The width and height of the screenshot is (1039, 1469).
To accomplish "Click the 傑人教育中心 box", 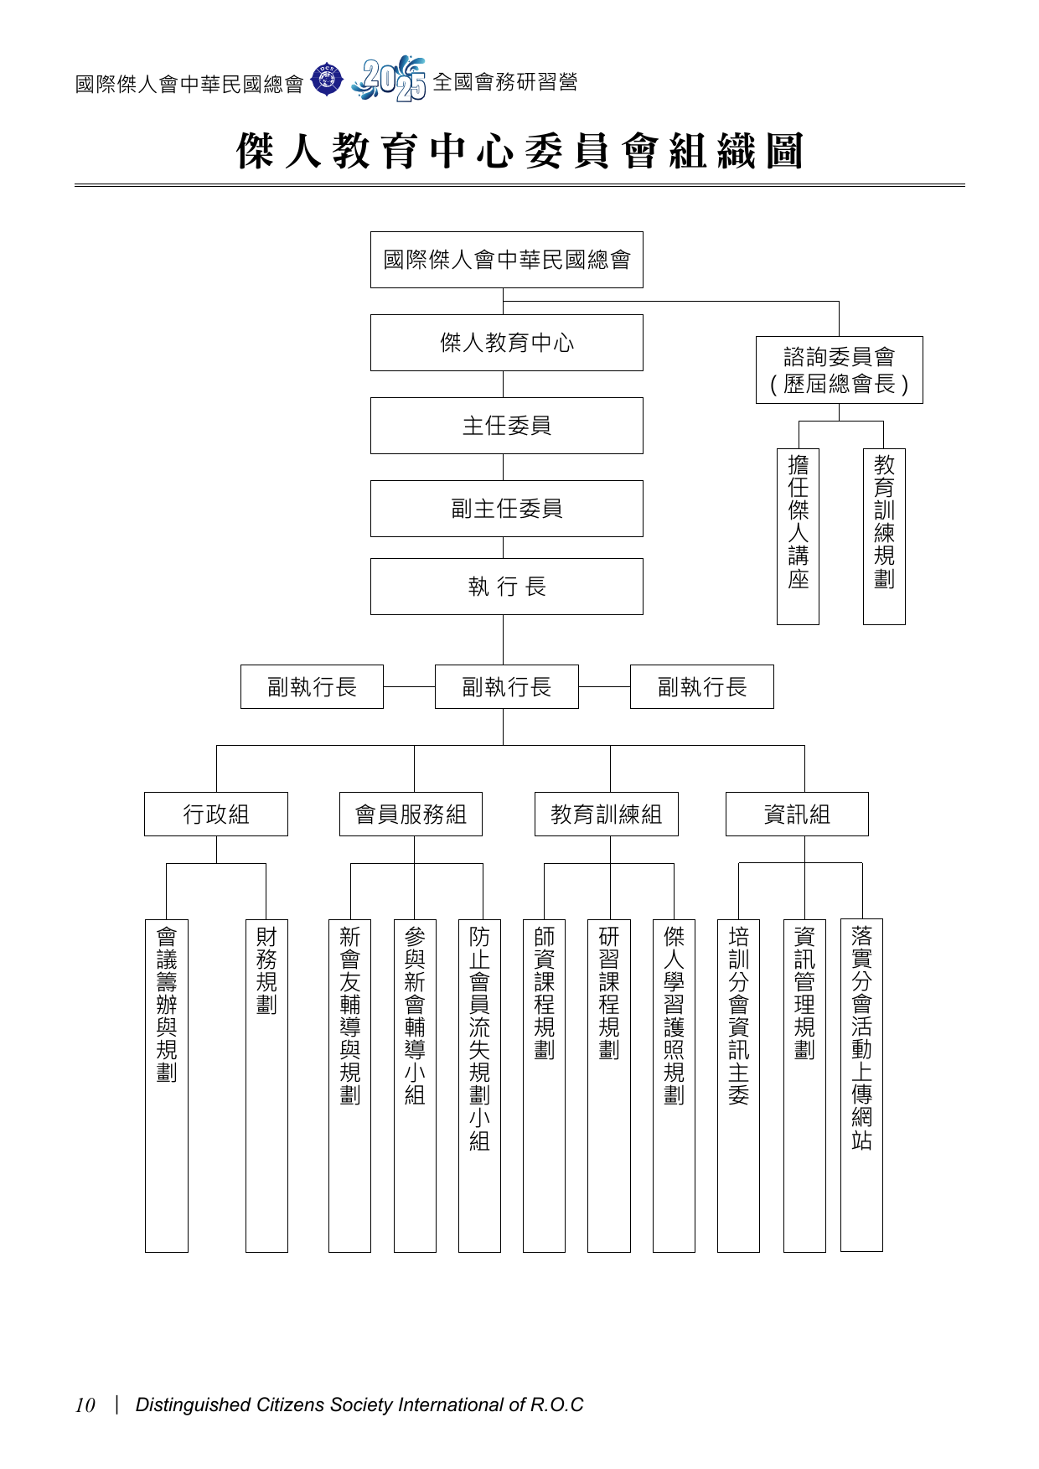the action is [x=506, y=343].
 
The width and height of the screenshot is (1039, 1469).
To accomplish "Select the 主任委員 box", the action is [x=506, y=426].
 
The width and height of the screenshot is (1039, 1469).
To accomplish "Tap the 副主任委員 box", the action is [x=506, y=509].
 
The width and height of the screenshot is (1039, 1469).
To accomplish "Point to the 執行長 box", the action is [x=506, y=587].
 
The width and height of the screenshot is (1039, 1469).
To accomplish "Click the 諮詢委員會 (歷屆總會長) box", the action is [x=839, y=370].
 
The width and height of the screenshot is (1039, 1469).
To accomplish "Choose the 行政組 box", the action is [x=216, y=814].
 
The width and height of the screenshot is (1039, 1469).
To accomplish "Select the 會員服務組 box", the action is [x=411, y=814].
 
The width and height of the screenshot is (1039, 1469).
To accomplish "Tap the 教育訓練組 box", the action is [x=607, y=814].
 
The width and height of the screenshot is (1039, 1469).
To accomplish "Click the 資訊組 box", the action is [x=797, y=814].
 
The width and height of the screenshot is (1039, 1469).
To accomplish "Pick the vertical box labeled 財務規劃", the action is [x=266, y=1085].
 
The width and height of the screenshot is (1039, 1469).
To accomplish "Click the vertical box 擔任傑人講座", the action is [x=798, y=536].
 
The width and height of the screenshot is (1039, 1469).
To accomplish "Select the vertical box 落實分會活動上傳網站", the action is [x=861, y=1085].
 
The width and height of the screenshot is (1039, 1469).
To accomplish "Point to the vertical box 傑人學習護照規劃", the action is [x=674, y=1085].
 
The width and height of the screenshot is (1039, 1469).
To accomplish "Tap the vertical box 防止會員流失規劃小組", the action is [x=479, y=1085].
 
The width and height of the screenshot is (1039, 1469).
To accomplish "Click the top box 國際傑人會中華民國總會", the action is [x=506, y=260].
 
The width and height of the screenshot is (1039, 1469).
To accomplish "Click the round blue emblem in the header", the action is [x=327, y=80].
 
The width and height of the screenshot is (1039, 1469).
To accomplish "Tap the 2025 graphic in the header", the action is [x=390, y=80].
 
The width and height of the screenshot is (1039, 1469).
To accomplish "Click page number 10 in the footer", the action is [x=85, y=1405].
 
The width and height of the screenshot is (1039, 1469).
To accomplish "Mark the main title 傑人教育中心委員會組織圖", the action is [x=519, y=152].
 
